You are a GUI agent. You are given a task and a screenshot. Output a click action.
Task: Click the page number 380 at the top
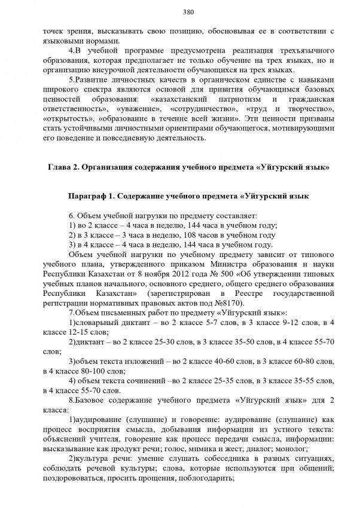pyautogui.click(x=180, y=11)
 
